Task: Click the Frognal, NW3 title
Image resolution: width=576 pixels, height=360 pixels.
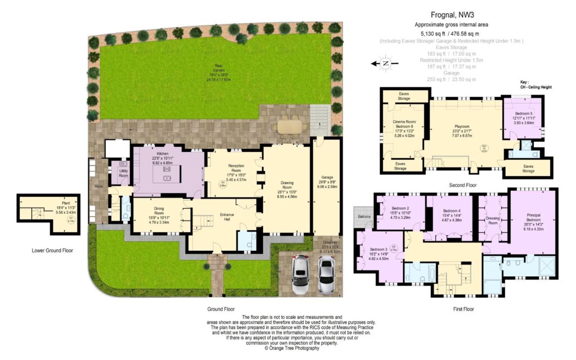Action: coord(452,15)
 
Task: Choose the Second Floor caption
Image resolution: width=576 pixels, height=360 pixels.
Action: coord(463,184)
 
